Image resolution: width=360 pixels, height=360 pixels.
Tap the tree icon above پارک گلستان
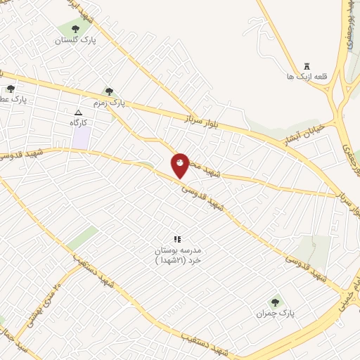click(75, 29)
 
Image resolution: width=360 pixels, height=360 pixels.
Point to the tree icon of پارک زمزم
click(108, 91)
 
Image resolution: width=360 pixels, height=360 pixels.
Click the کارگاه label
click(82, 122)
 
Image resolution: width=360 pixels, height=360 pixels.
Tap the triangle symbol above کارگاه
click(79, 112)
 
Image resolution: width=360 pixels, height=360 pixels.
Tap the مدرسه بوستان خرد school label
click(177, 255)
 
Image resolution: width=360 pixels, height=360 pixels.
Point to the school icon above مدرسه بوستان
click(177, 239)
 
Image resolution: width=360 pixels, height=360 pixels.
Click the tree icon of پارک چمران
click(275, 302)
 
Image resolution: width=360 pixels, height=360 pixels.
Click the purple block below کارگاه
click(81, 138)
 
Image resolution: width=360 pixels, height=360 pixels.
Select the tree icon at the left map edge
click(10, 89)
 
